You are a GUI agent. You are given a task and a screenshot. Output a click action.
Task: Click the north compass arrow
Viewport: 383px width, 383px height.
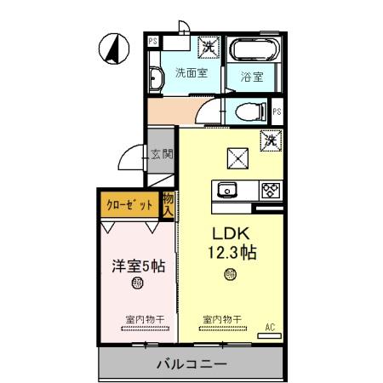[110, 48]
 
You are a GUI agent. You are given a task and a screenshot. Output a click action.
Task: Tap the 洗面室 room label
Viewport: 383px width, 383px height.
[191, 72]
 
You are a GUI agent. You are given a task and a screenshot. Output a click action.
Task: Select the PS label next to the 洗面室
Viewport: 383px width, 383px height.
[152, 40]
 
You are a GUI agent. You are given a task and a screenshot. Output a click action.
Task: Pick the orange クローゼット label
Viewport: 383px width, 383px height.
[130, 204]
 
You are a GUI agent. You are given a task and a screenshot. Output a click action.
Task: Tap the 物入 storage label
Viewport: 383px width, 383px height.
[169, 204]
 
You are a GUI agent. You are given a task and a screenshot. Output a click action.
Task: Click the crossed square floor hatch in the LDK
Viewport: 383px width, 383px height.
[236, 156]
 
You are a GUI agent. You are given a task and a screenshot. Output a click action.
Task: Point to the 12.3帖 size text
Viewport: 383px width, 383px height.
[229, 253]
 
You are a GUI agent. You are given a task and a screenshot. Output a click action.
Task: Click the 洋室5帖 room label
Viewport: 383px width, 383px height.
[137, 265]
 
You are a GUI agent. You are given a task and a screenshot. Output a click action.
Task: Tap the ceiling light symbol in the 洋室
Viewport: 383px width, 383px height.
[136, 286]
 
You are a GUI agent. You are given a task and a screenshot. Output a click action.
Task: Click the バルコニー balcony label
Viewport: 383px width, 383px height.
[190, 364]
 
